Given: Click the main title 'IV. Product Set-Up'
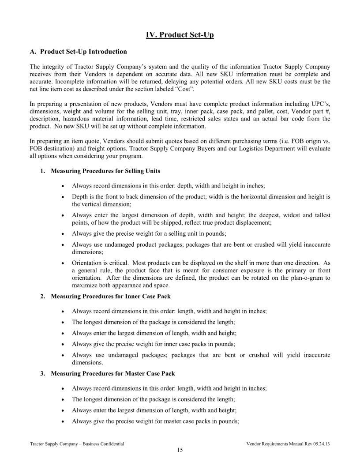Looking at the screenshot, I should [180, 35].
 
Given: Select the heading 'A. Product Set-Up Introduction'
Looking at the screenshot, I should [78, 52].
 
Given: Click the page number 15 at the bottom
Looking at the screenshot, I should [180, 450].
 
